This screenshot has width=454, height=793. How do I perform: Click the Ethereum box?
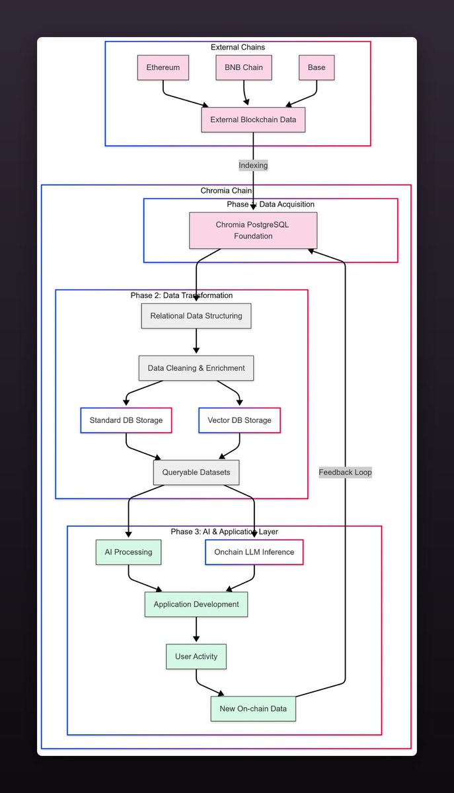point(163,67)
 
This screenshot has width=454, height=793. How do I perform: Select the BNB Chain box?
point(244,67)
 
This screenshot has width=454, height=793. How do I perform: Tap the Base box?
point(317,67)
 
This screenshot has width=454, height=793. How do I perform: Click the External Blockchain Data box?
point(253,120)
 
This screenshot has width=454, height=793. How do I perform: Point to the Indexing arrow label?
point(253,165)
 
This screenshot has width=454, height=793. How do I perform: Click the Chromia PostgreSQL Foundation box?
point(253,230)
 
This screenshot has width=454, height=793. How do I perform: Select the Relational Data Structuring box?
point(196,316)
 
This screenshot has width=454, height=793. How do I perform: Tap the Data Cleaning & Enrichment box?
point(196,368)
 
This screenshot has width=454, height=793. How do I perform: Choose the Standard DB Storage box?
point(126,420)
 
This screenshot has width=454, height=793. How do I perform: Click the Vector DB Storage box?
point(239,420)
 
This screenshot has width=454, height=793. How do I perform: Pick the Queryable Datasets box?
point(196,472)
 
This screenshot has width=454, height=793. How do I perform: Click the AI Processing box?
point(128,552)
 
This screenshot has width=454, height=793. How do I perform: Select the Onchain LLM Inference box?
point(254,552)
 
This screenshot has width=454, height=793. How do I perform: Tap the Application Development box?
point(196,604)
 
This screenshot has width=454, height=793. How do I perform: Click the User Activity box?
point(196,657)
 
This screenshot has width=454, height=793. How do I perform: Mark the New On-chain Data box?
point(253,709)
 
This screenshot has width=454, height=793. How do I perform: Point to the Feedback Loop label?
point(345,472)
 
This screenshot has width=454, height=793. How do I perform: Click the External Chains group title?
point(238,47)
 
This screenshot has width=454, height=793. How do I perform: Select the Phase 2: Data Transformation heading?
point(182,295)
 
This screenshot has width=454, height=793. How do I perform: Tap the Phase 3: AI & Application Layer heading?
point(224,531)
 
